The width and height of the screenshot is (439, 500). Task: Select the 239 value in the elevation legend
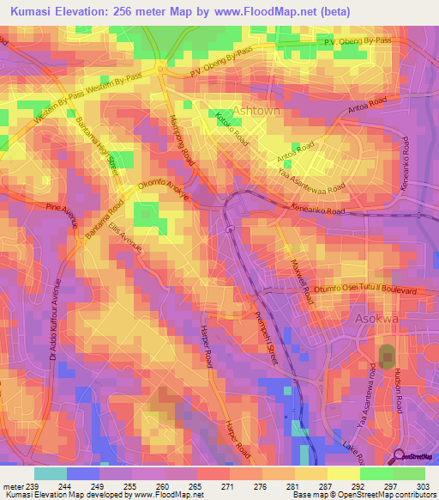tap(33, 488)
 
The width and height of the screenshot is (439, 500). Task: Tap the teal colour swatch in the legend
tap(51, 473)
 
